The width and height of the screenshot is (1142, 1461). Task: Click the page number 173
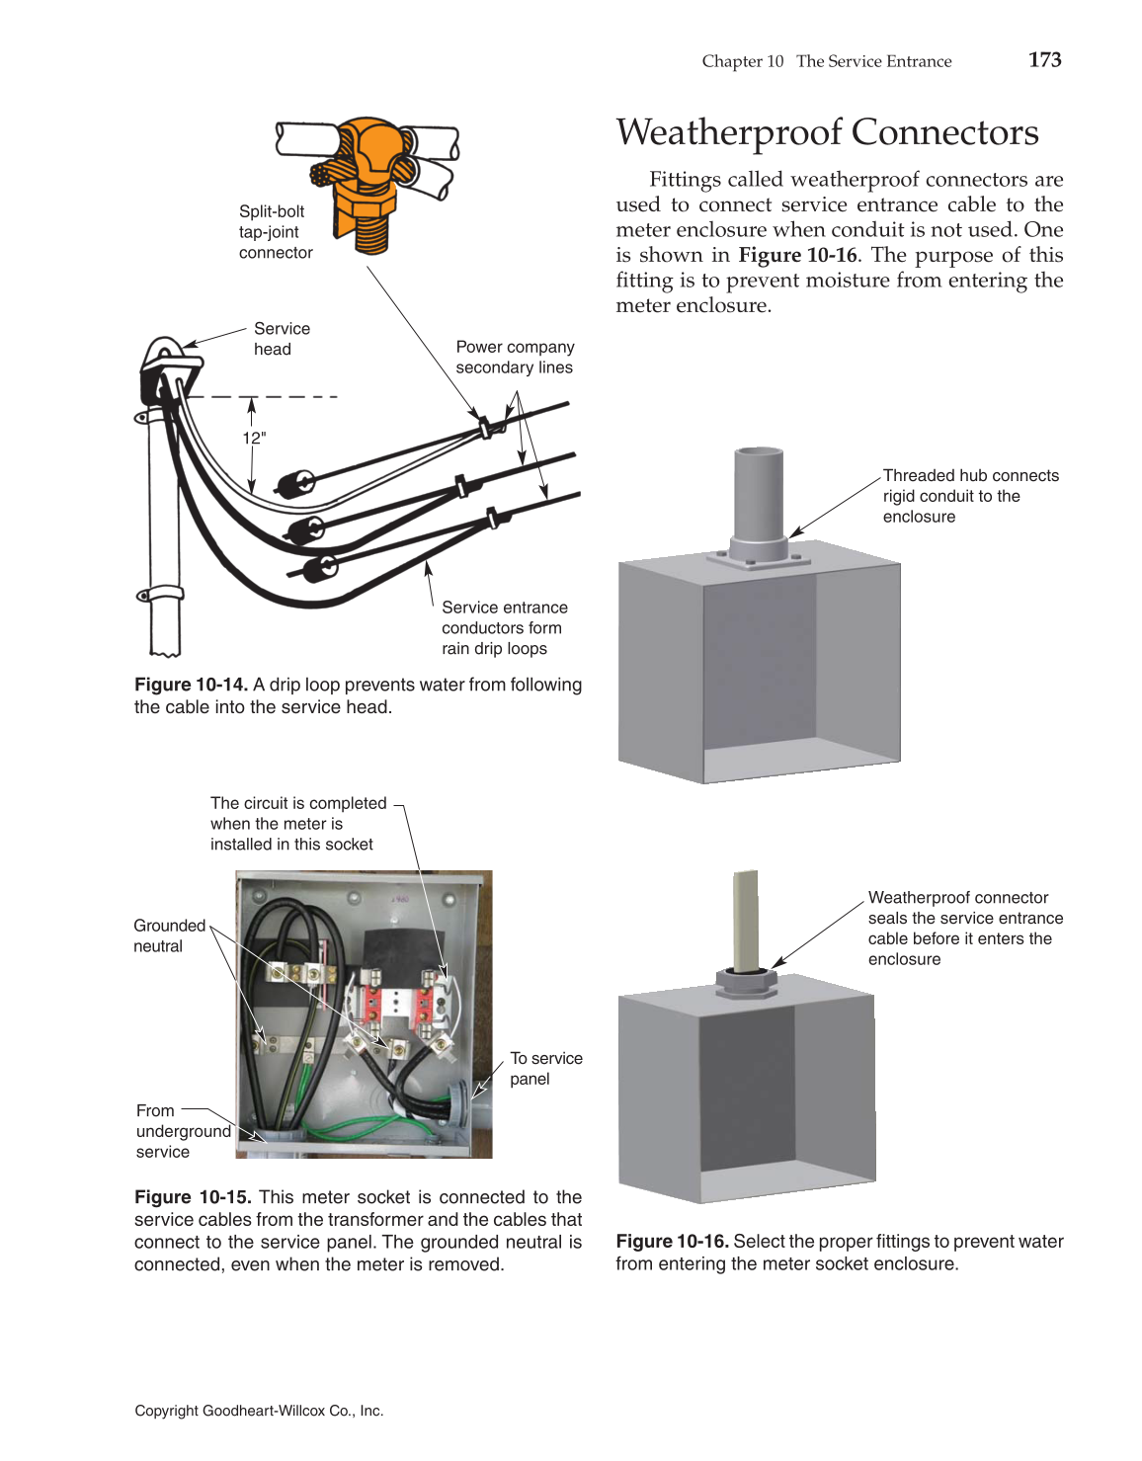tap(1044, 59)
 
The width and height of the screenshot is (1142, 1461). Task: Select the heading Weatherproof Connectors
tap(827, 132)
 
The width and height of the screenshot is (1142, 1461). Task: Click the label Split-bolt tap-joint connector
tap(275, 232)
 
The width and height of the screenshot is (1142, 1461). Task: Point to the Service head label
tap(281, 339)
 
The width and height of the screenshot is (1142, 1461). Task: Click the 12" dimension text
tap(254, 438)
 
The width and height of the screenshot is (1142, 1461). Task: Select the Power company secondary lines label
tap(514, 358)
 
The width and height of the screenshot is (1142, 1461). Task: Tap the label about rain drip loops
tap(504, 628)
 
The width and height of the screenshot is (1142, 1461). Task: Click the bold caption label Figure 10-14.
tap(191, 685)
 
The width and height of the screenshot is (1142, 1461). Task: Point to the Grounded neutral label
tap(169, 935)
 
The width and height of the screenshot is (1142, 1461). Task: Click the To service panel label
tap(545, 1069)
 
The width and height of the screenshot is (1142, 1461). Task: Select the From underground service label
tap(183, 1131)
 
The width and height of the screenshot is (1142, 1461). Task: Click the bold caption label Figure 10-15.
tap(193, 1197)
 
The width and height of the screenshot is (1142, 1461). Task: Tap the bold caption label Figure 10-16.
tap(672, 1242)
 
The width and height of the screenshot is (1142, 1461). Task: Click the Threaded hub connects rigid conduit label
tap(969, 496)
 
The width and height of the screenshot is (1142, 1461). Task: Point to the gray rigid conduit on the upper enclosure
tap(758, 494)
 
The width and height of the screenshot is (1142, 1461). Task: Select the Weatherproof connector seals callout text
tap(964, 929)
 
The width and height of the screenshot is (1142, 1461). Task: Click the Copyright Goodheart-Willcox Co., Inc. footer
tap(259, 1411)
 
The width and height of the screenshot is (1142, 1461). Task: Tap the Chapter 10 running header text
tap(742, 61)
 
